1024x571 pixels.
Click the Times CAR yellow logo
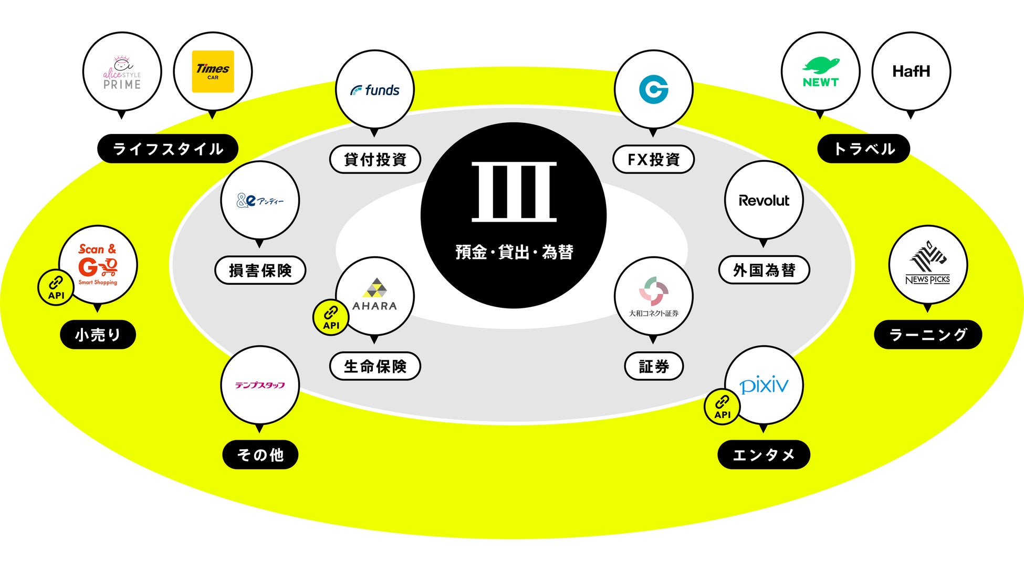213,71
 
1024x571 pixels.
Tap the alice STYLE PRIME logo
122,73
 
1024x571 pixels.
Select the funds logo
375,90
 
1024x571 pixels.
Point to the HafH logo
911,71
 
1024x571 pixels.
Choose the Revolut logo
764,201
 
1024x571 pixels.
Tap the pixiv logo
765,386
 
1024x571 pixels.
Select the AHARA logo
374,296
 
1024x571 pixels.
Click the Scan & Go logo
98,265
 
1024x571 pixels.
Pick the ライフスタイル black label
168,149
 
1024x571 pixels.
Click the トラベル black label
864,149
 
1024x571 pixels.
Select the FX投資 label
653,159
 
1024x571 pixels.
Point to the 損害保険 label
260,271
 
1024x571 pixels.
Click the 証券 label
653,366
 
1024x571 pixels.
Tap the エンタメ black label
764,454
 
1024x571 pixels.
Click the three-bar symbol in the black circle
514,192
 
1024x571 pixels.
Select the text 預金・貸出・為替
514,252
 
